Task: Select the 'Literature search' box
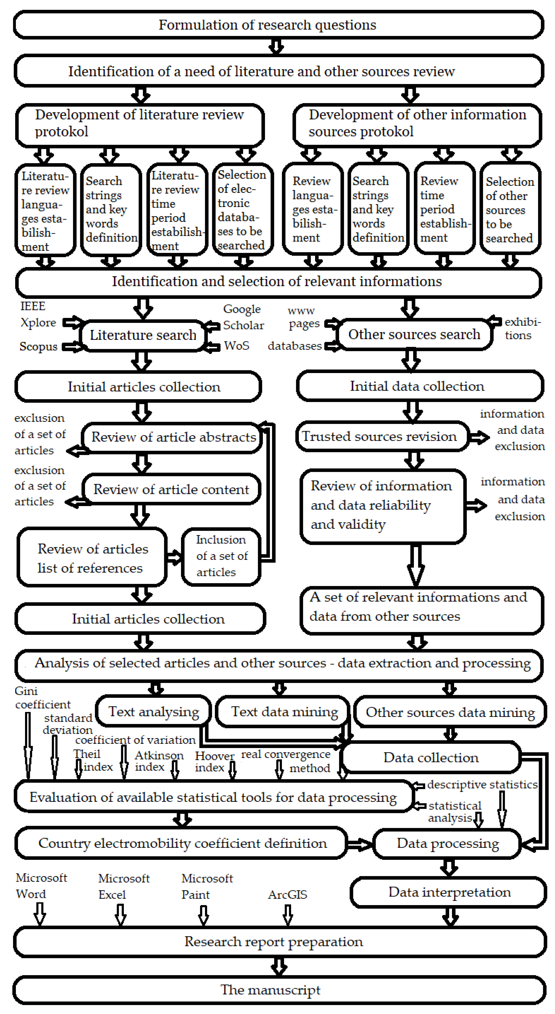click(143, 335)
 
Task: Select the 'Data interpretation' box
click(449, 892)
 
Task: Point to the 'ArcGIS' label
click(287, 895)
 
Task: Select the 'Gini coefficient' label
click(39, 698)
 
